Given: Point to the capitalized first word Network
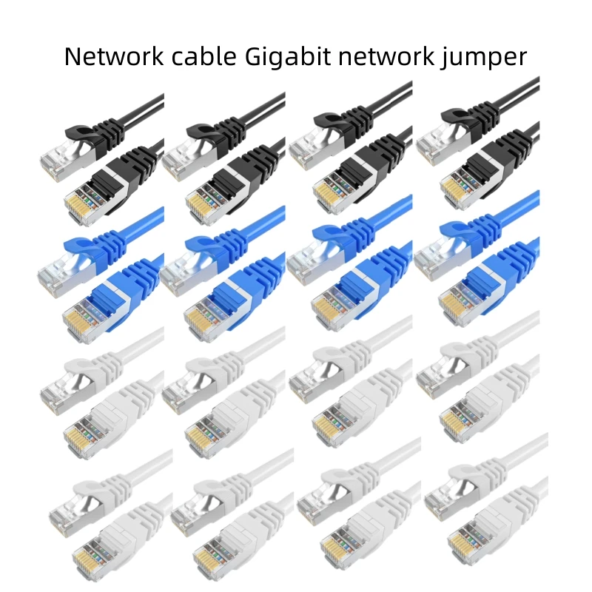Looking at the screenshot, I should pos(110,56).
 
